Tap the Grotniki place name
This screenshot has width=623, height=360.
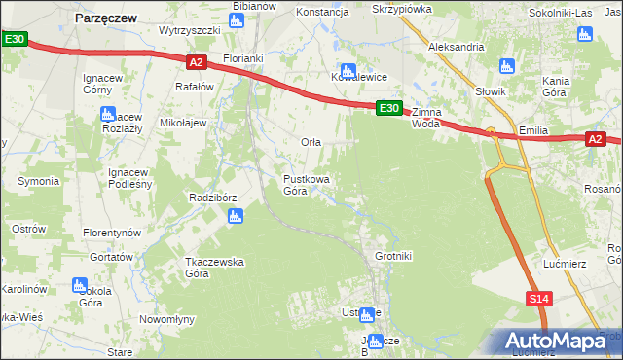coord(394,256)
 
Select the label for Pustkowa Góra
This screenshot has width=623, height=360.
coord(306,185)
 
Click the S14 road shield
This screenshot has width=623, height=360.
coord(539,300)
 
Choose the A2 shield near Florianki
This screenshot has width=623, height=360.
coord(196,62)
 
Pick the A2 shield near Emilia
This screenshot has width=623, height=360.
coord(596,140)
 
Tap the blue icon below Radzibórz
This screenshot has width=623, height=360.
coord(234,217)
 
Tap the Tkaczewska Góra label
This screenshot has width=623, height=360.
coord(214,268)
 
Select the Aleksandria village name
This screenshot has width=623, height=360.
coord(457,46)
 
